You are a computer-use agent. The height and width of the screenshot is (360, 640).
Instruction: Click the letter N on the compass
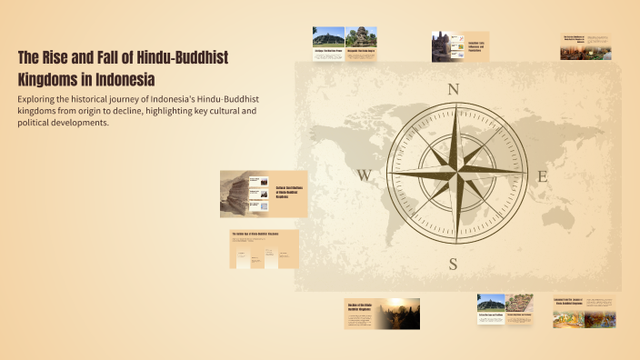(453, 89)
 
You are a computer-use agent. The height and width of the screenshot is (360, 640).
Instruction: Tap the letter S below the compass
(453, 264)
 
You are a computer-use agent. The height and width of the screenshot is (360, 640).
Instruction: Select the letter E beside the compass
(543, 176)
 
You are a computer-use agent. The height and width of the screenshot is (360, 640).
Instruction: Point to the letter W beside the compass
(364, 176)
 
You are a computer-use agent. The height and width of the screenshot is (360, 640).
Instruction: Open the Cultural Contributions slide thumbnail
(264, 194)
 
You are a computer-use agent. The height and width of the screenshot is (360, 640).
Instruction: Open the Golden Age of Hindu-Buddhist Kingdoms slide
(264, 249)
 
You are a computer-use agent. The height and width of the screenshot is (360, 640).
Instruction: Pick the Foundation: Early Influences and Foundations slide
(461, 47)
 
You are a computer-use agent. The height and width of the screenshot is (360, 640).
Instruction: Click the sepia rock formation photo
(240, 194)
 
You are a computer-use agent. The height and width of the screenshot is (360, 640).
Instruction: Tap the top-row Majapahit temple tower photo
(362, 37)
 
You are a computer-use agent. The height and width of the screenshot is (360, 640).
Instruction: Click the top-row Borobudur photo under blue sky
(328, 37)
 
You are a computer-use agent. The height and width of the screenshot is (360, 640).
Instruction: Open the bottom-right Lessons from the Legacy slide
(584, 312)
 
